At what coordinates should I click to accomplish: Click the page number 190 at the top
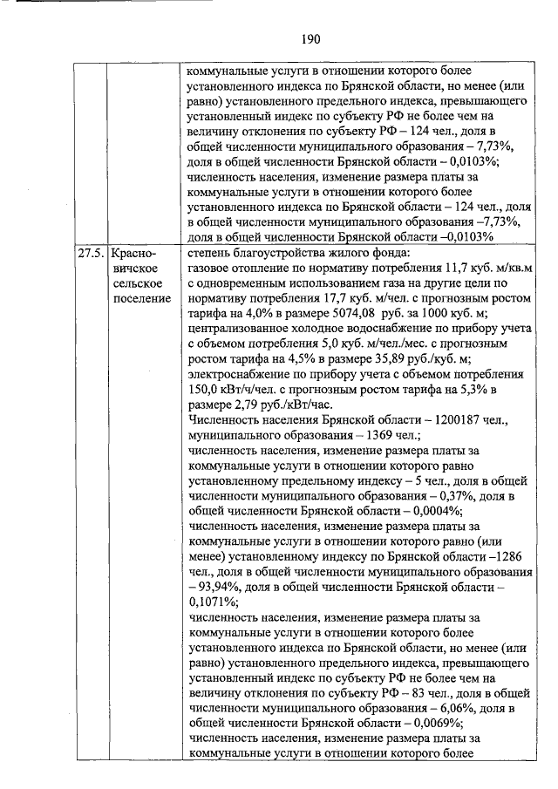click(311, 39)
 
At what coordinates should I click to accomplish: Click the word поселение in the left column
click(141, 300)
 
